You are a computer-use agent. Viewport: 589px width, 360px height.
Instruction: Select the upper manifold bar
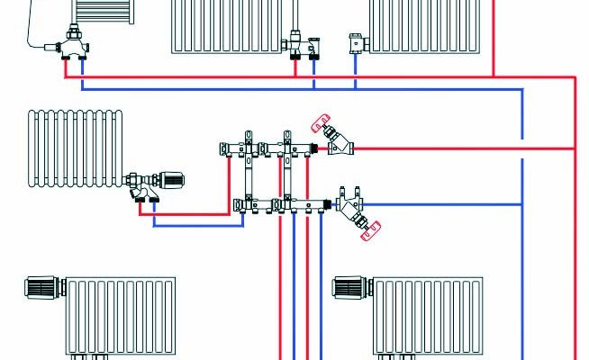point(266,147)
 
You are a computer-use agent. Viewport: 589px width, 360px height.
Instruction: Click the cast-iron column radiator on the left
point(73,148)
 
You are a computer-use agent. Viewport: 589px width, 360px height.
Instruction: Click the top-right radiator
point(423,25)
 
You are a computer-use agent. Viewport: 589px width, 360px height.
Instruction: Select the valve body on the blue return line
point(349,207)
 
